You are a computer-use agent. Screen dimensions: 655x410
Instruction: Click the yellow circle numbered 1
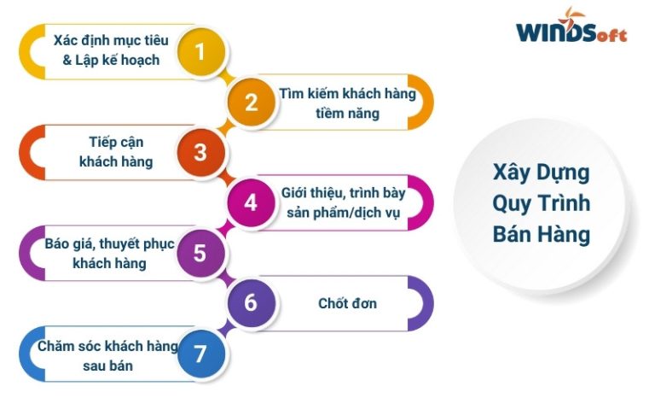[x=201, y=51]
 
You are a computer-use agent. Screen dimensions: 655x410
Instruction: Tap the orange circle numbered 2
[x=251, y=102]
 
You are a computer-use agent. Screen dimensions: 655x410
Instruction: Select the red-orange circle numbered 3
[x=201, y=152]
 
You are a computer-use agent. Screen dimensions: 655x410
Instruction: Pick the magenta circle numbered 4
[x=251, y=202]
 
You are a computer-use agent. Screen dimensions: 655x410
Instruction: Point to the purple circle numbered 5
[x=201, y=253]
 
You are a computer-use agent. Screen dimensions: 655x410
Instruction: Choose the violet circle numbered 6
[x=251, y=303]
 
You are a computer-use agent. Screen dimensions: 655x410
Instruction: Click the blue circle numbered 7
[x=201, y=354]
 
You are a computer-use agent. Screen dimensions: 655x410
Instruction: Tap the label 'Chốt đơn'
[x=347, y=303]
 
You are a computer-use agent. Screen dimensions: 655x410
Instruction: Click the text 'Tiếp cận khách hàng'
[x=116, y=151]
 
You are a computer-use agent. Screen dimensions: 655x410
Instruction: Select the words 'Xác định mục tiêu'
[x=111, y=40]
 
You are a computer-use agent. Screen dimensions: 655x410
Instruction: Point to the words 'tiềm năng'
[x=347, y=114]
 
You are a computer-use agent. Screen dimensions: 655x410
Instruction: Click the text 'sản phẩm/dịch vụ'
[x=344, y=213]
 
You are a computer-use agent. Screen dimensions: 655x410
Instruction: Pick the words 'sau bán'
[x=107, y=366]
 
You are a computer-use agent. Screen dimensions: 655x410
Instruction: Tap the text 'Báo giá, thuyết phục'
[x=109, y=244]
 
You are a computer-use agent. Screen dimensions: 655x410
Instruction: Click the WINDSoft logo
[x=571, y=26]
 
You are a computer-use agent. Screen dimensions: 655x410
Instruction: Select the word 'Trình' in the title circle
[x=565, y=203]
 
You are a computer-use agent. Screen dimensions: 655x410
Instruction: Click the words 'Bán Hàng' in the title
[x=542, y=234]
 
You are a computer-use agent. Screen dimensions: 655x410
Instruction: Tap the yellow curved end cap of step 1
[x=29, y=51]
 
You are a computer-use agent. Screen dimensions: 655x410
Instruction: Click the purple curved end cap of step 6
[x=424, y=303]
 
